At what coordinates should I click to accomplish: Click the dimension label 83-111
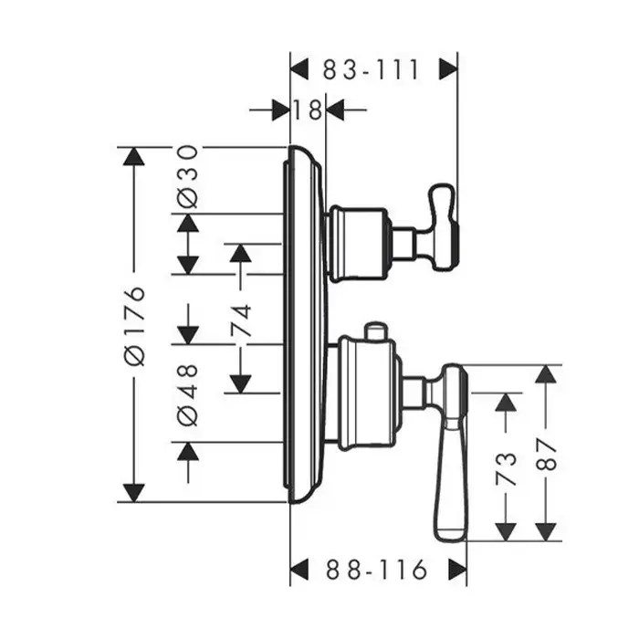[370, 69]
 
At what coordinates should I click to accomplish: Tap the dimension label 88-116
[376, 571]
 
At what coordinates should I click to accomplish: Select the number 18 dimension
[309, 110]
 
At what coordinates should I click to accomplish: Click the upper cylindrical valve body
[358, 242]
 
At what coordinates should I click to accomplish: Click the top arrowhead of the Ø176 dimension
[134, 157]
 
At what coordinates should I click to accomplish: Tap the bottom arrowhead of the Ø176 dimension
[134, 492]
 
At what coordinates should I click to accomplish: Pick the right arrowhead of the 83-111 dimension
[447, 69]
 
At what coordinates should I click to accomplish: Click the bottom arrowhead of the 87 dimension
[547, 530]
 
